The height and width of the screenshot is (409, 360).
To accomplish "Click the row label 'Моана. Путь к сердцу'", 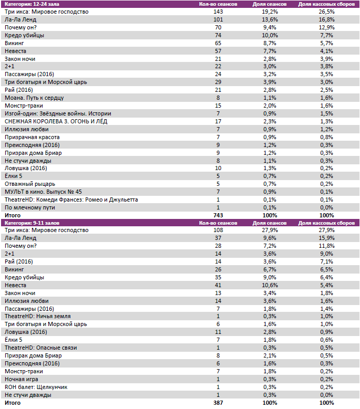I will (34, 98).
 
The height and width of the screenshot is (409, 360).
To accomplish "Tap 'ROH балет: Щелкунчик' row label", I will (36, 387).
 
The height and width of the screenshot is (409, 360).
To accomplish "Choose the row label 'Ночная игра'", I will (21, 379).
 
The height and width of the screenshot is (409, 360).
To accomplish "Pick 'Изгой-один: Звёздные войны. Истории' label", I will (58, 113).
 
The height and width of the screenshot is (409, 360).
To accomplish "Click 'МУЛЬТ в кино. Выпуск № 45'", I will (43, 192).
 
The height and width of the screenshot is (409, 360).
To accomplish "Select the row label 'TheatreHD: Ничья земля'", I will (37, 317).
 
